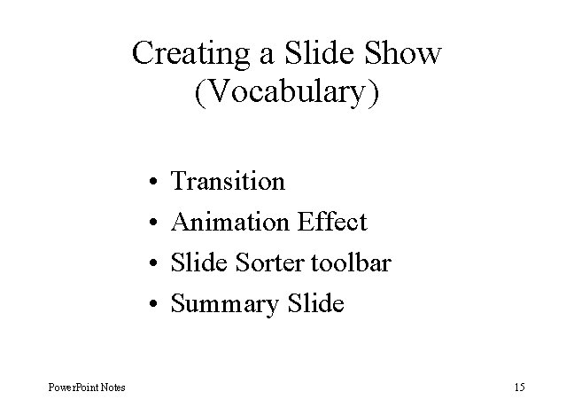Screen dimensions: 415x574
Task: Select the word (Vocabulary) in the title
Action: click(286, 91)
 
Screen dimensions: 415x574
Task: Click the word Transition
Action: click(228, 182)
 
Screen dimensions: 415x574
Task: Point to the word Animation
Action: click(229, 223)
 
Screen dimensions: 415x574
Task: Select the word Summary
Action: click(223, 305)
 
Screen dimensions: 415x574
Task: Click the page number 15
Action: click(519, 388)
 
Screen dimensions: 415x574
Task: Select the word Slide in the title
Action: click(314, 53)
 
